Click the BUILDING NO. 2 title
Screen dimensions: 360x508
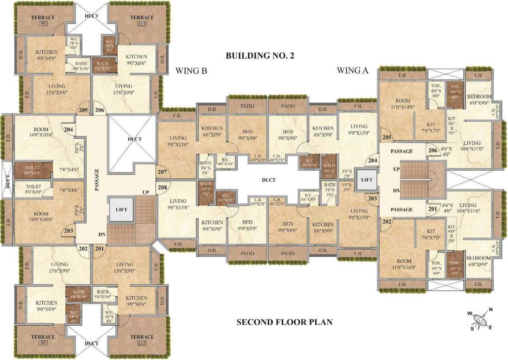tap(259, 56)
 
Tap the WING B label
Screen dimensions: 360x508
tap(191, 71)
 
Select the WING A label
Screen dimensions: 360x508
tap(353, 71)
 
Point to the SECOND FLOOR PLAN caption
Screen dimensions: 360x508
tap(284, 322)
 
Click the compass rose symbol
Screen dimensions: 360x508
tap(480, 321)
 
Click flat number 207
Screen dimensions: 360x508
tap(162, 172)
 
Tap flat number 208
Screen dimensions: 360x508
tap(162, 187)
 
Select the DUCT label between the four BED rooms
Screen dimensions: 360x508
tap(269, 180)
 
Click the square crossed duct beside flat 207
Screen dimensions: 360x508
tap(132, 139)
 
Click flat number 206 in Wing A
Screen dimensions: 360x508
tap(432, 150)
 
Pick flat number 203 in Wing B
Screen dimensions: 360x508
tap(68, 230)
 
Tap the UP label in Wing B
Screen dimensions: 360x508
tap(146, 193)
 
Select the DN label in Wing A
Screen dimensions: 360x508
tap(396, 191)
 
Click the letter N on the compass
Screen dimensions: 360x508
tap(491, 309)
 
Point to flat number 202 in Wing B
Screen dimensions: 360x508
tap(83, 249)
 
